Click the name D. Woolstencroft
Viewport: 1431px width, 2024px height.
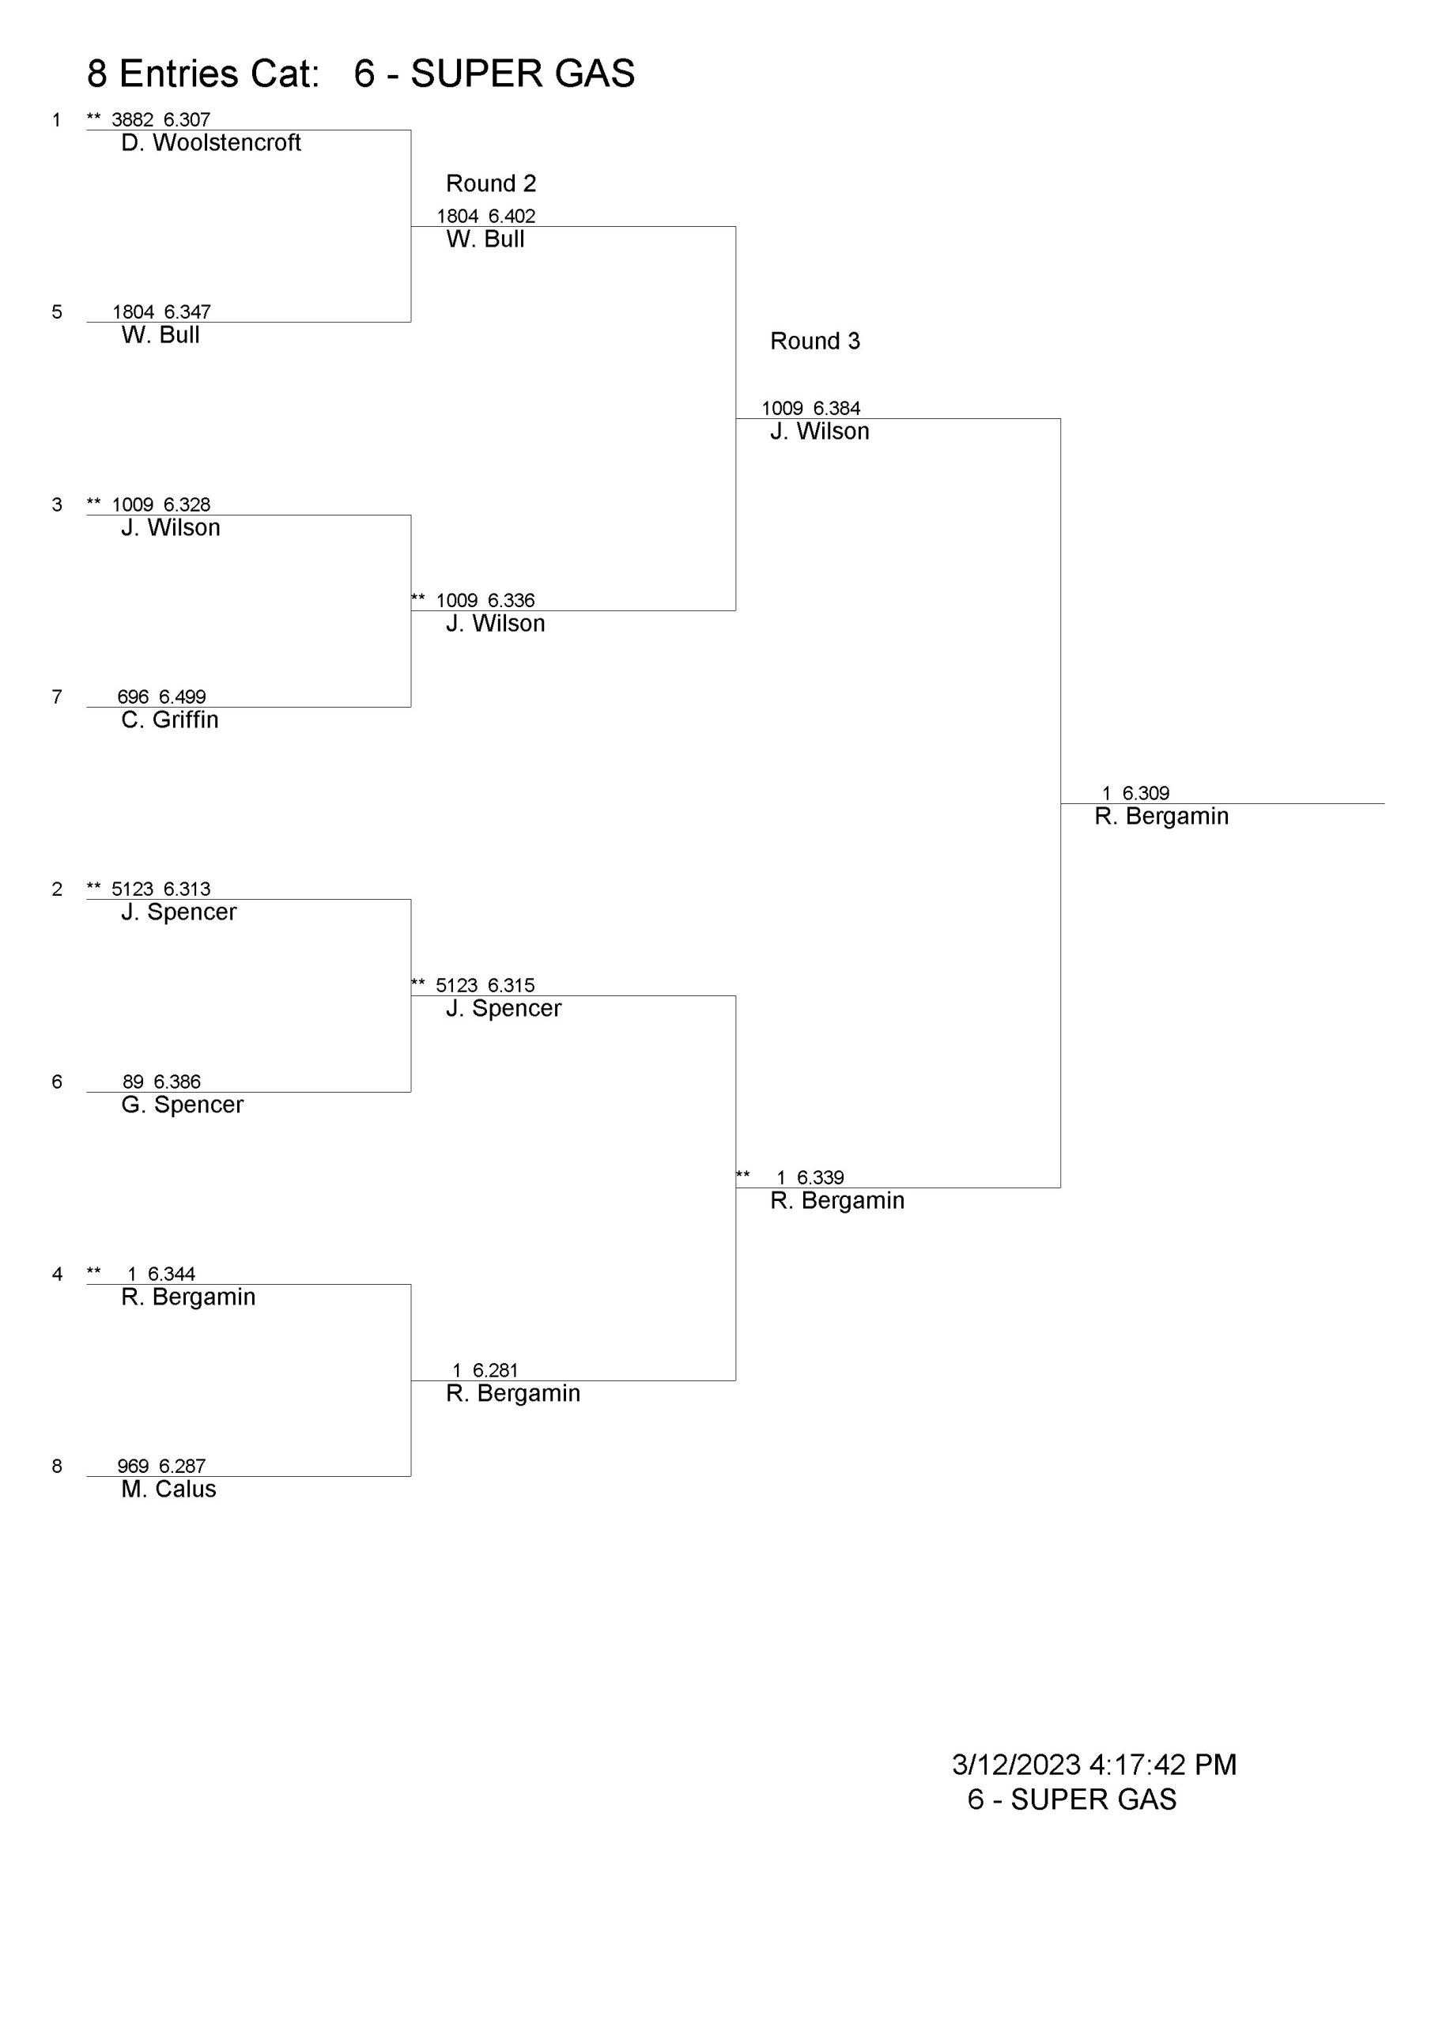[x=211, y=143]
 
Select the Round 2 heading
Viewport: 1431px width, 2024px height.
[x=491, y=183]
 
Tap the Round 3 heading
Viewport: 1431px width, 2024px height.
[x=814, y=341]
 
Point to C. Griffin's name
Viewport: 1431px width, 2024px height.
[x=169, y=720]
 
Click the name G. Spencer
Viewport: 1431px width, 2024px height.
[x=182, y=1105]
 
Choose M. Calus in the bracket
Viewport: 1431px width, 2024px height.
[x=168, y=1489]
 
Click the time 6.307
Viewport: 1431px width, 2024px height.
[x=187, y=120]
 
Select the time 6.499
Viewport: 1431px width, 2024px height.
[x=183, y=697]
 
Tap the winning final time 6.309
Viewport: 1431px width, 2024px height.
[x=1146, y=793]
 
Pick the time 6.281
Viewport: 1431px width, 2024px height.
[x=496, y=1371]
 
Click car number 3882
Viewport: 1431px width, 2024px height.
[x=132, y=120]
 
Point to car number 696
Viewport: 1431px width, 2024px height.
[x=133, y=697]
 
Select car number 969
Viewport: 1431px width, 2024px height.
[x=133, y=1466]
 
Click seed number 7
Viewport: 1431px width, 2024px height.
[x=57, y=697]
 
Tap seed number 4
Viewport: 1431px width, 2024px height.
[x=57, y=1274]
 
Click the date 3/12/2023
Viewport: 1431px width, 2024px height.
[x=1016, y=1765]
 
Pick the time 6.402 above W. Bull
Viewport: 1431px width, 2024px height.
[x=512, y=217]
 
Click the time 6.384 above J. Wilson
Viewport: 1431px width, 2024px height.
[x=836, y=409]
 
